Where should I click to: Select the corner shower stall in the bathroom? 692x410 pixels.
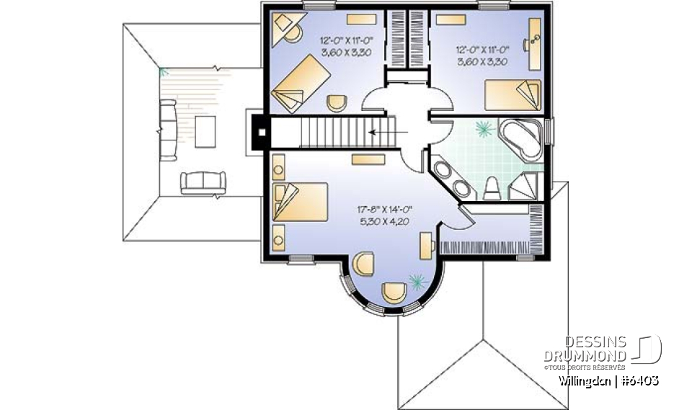[x=525, y=186]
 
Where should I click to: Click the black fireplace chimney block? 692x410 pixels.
[x=259, y=132]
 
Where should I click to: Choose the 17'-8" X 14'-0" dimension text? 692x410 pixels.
[x=383, y=210]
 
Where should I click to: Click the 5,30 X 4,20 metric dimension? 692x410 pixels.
[x=383, y=222]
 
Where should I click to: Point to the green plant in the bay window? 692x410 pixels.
[x=416, y=279]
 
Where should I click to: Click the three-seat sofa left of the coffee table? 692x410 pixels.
[x=167, y=130]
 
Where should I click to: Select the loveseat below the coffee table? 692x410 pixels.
[x=203, y=182]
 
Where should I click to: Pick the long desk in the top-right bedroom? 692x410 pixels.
[x=534, y=43]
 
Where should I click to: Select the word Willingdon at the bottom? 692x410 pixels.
[x=585, y=380]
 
